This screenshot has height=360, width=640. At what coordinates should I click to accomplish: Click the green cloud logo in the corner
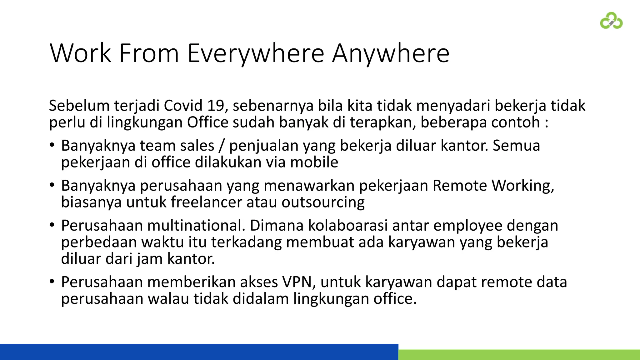pyautogui.click(x=611, y=21)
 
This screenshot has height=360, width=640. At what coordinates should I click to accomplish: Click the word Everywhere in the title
pyautogui.click(x=256, y=53)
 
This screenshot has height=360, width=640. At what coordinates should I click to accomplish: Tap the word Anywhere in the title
pyautogui.click(x=391, y=53)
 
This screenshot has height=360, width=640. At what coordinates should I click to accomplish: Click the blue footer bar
pyautogui.click(x=199, y=352)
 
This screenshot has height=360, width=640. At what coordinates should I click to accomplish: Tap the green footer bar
pyautogui.click(x=519, y=355)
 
